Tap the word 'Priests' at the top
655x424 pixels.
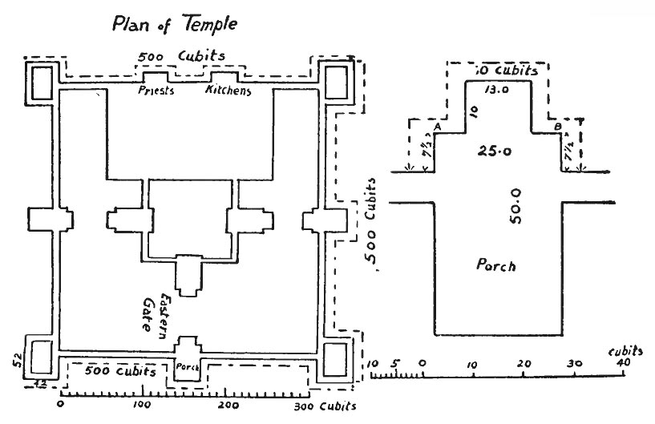(156, 91)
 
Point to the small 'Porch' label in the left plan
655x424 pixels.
(186, 367)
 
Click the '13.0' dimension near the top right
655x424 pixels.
(497, 91)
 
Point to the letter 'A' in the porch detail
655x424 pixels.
(438, 127)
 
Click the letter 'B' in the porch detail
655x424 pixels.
(557, 127)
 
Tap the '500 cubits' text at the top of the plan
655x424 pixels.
(180, 58)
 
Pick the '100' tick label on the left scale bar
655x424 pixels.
(143, 406)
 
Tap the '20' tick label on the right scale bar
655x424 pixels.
(524, 365)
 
